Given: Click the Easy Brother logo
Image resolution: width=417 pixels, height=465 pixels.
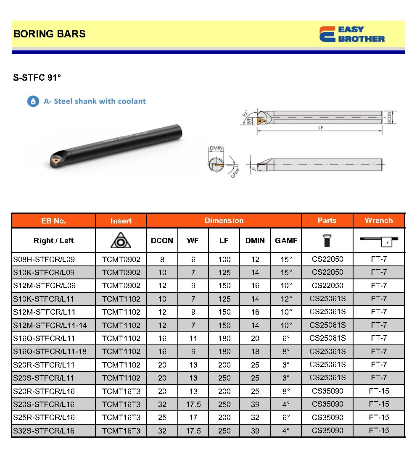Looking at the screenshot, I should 352,34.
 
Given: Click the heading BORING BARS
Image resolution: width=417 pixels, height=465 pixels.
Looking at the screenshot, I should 50,34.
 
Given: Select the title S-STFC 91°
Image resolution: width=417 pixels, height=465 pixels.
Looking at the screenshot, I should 37,78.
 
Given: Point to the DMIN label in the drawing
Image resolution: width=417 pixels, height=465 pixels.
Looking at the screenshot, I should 216,148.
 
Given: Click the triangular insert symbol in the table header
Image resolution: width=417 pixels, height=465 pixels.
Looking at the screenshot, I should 121,240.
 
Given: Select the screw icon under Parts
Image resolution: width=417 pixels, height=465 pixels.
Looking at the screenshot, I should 327,240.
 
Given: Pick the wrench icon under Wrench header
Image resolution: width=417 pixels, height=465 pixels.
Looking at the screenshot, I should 378,241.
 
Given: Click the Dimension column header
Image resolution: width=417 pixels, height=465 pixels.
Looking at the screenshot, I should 224,221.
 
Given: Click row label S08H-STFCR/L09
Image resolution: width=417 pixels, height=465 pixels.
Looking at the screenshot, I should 44,259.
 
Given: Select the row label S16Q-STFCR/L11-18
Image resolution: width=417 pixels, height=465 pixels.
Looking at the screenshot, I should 50,351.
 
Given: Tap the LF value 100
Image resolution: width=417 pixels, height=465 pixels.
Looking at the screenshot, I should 224,260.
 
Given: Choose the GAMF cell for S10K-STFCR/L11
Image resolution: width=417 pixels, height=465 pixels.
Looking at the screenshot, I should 286,299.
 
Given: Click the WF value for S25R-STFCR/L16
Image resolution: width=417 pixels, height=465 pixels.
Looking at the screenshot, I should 193,418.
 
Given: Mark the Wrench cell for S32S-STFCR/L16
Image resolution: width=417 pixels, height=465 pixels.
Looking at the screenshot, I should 379,431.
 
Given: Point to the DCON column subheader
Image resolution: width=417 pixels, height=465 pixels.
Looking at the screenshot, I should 162,241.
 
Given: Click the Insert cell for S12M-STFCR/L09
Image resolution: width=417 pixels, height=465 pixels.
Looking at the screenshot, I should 121,286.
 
